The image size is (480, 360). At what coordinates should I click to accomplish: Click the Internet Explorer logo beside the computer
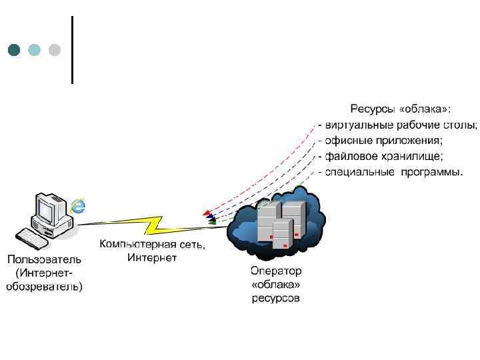click(79, 205)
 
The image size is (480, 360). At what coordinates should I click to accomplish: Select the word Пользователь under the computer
click(45, 259)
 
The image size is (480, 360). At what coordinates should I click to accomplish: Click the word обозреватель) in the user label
click(45, 287)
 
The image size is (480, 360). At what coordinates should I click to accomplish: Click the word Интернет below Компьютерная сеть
click(152, 258)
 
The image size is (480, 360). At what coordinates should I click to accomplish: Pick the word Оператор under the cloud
click(276, 271)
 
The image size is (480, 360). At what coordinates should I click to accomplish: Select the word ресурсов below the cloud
click(276, 298)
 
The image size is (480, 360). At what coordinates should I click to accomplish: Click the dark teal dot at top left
click(14, 50)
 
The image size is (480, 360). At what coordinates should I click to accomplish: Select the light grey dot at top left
click(55, 50)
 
